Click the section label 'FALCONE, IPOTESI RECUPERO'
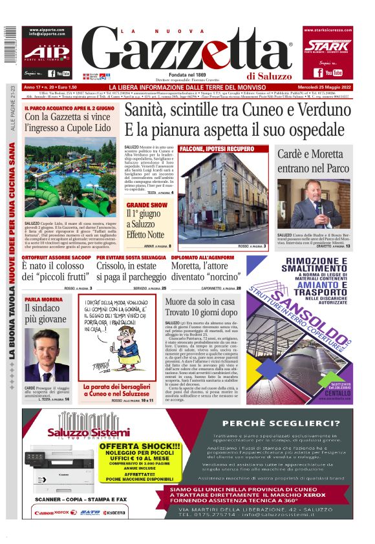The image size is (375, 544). [211, 149]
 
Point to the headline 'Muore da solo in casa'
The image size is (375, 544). [200, 302]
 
